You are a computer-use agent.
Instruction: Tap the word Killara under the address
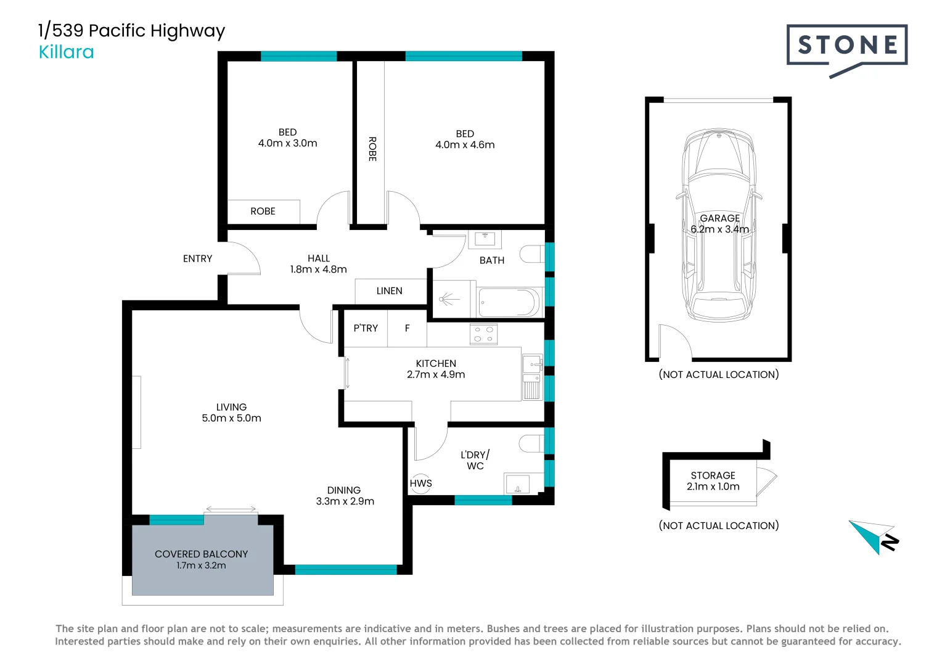coord(66,52)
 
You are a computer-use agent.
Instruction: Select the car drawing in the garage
coord(719,225)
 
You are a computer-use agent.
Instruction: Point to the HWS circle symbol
coord(421,483)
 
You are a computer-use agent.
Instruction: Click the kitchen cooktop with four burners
coord(483,334)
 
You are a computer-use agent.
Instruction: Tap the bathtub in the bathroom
coord(509,302)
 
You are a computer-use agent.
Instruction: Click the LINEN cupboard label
coord(390,290)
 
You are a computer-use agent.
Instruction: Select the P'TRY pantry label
coord(366,328)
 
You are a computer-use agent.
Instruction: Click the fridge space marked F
coord(407,328)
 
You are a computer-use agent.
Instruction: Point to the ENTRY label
coord(197,259)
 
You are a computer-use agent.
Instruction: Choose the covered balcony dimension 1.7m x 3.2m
coord(201,565)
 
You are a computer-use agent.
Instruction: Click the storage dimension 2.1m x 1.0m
coord(713,487)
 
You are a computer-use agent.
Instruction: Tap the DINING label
coord(343,490)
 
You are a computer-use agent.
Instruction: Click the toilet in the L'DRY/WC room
coord(531,443)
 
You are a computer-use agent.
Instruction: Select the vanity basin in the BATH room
coord(485,239)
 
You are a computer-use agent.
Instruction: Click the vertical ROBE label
coord(372,149)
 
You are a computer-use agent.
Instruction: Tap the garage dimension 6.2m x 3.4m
coord(719,229)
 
